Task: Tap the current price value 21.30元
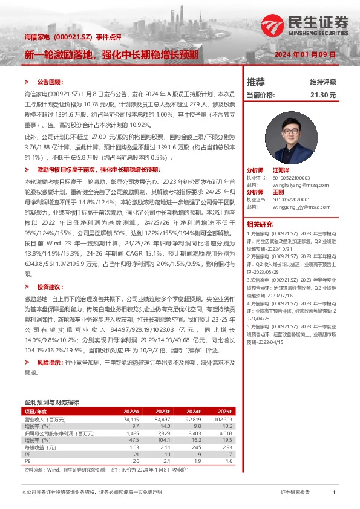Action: pos(323,95)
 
